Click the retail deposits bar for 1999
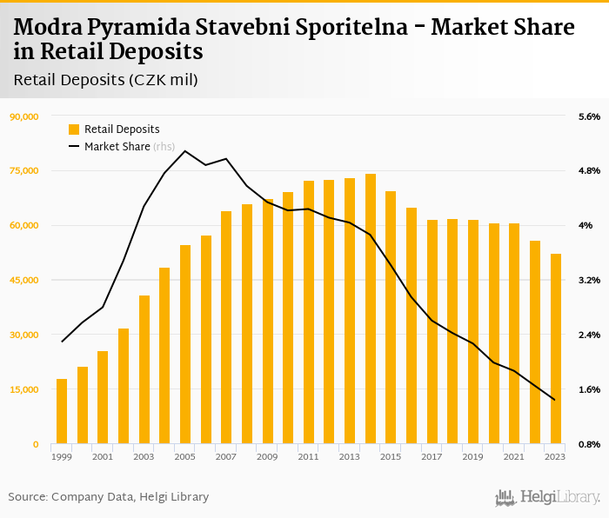click(62, 411)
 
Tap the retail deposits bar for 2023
click(556, 349)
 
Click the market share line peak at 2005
click(185, 151)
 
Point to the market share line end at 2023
click(555, 400)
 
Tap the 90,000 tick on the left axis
click(23, 116)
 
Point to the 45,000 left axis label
click(23, 280)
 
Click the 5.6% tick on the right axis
click(589, 116)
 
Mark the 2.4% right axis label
click(589, 335)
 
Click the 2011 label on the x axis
click(308, 456)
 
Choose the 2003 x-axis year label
click(144, 456)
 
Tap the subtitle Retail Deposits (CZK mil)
click(106, 80)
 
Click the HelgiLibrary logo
click(547, 497)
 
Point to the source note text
click(109, 496)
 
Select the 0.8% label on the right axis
click(589, 444)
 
